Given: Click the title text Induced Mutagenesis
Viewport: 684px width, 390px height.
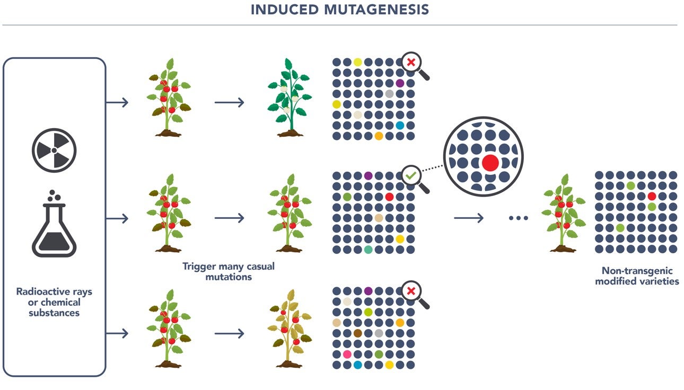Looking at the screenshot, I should [340, 10].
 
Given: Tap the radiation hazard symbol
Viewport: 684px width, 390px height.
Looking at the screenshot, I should [54, 150].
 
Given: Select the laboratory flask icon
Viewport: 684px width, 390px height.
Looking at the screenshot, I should [54, 225].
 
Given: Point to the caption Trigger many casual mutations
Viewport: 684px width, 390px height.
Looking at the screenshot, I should [229, 271].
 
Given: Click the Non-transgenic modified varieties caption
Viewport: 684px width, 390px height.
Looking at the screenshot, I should [636, 276].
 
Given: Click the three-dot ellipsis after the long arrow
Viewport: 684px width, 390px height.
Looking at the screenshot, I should [518, 218].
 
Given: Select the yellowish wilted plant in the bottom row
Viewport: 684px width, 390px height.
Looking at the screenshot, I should [288, 329].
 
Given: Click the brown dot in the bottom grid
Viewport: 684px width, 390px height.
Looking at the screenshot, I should [358, 333].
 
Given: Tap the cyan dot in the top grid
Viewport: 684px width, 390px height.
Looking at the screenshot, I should [400, 125].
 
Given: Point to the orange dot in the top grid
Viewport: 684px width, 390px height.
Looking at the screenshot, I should [379, 136].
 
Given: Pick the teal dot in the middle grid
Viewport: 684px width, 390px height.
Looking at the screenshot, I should [368, 250].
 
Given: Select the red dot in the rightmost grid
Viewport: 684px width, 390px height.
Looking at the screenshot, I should [652, 196].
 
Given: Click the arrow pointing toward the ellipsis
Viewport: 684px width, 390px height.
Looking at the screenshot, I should [469, 218].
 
